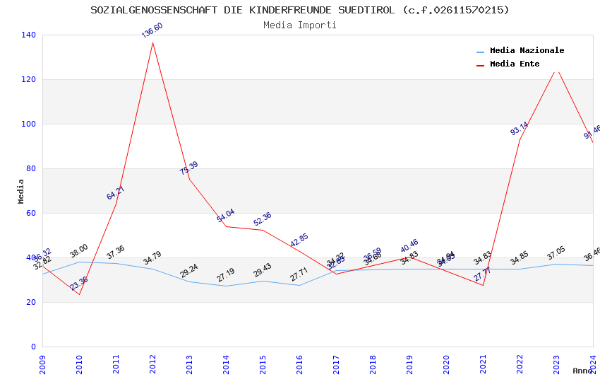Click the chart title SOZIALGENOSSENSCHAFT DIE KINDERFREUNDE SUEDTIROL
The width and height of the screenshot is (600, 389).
300,10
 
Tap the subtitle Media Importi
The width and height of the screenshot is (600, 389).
300,25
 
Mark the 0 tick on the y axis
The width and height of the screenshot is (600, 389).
32,347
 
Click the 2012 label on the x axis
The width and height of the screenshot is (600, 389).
152,364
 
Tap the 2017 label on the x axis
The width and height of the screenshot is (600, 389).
336,364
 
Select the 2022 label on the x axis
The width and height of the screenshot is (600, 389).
520,364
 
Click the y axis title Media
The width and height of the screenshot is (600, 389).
21,191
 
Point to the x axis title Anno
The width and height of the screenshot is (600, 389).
582,371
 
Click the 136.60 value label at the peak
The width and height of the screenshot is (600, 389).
152,30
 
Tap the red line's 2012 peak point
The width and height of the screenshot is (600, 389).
152,42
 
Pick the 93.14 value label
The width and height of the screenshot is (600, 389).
520,129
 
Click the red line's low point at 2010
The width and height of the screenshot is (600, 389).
79,294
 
